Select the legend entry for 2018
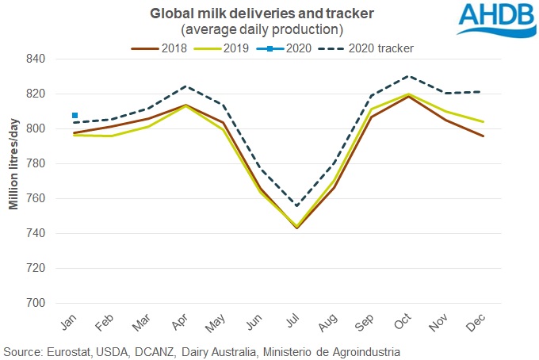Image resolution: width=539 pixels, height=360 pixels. pyautogui.click(x=162, y=48)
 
